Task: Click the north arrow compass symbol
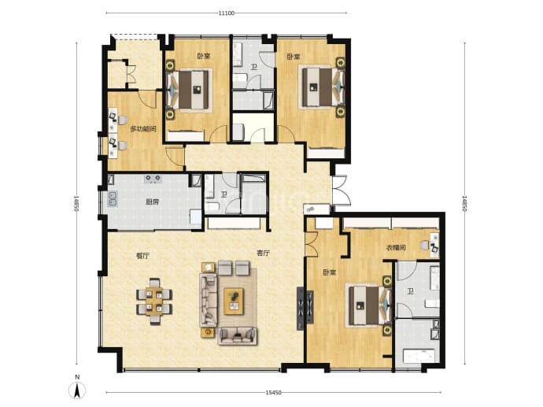(78, 390)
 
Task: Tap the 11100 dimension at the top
(227, 13)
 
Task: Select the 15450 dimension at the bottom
(274, 393)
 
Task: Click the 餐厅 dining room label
(142, 256)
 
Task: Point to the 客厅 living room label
(263, 253)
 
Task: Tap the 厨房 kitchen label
(153, 202)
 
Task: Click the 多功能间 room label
(143, 129)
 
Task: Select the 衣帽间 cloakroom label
(396, 248)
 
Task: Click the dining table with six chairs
(154, 301)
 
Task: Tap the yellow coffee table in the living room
(234, 302)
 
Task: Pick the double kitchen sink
(113, 199)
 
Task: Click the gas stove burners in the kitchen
(153, 179)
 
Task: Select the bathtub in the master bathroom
(419, 356)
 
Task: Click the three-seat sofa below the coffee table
(238, 335)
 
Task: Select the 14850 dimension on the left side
(76, 204)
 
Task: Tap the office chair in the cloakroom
(425, 246)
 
